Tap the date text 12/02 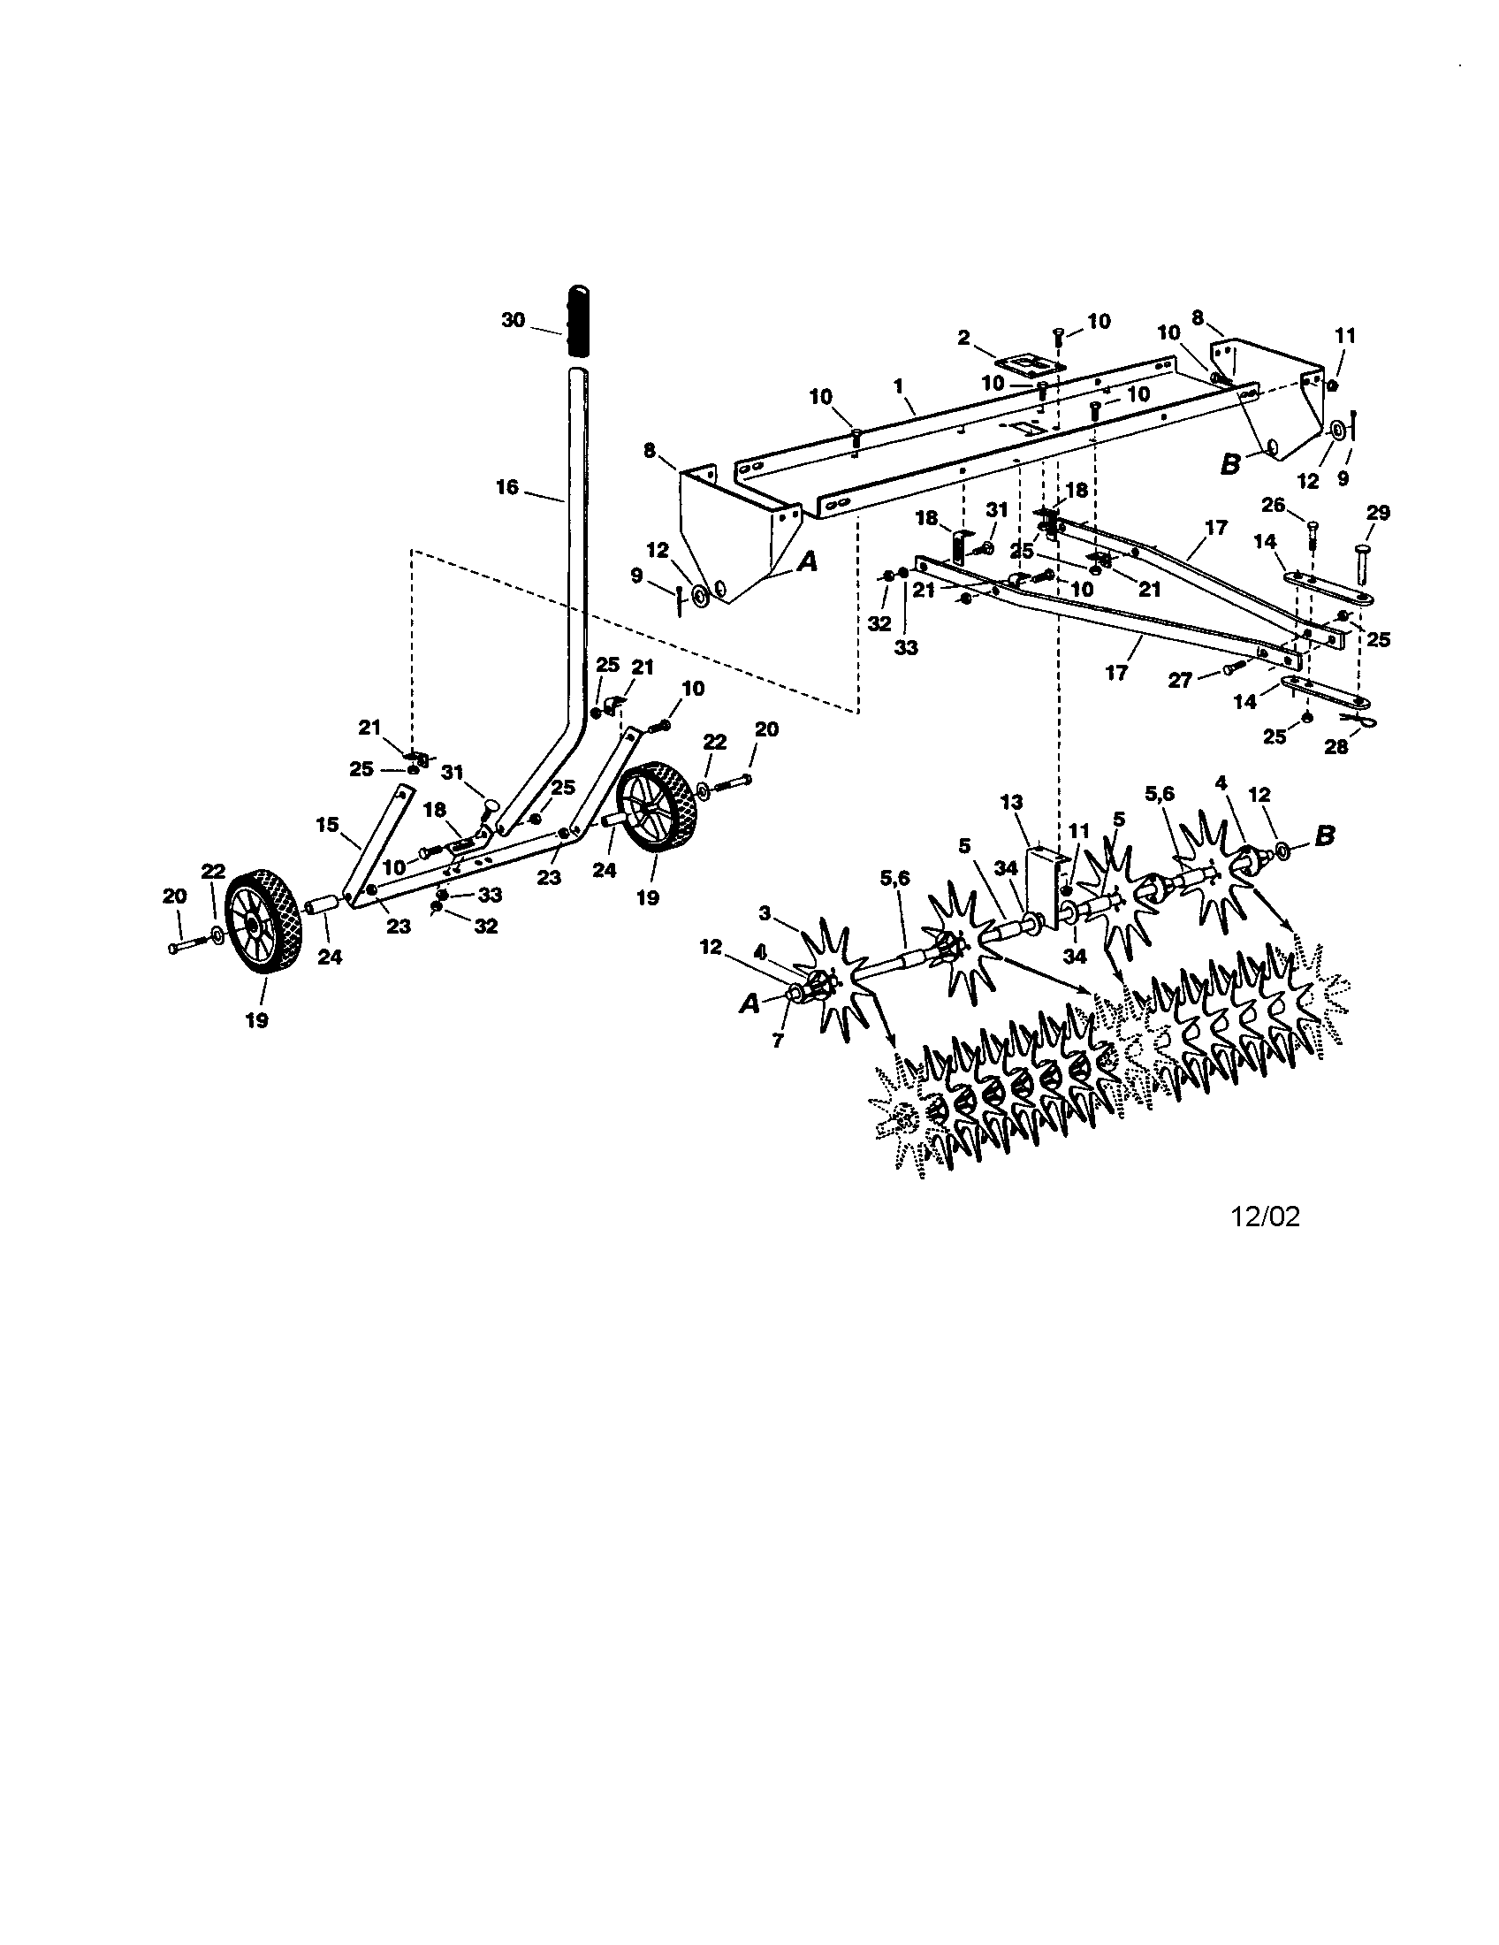tap(1265, 1217)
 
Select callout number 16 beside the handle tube tap(506, 488)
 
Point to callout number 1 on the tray tap(899, 386)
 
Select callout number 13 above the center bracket tap(1011, 803)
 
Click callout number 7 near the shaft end tap(778, 1041)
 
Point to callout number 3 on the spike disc tap(765, 912)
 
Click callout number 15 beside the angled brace tap(328, 825)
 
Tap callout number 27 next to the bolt tap(1180, 681)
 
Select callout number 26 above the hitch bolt tap(1274, 506)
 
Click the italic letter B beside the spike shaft tap(1326, 837)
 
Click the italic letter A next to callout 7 tap(749, 1003)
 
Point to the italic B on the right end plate tap(1230, 464)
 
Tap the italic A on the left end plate tap(806, 562)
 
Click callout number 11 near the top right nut tap(1345, 336)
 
